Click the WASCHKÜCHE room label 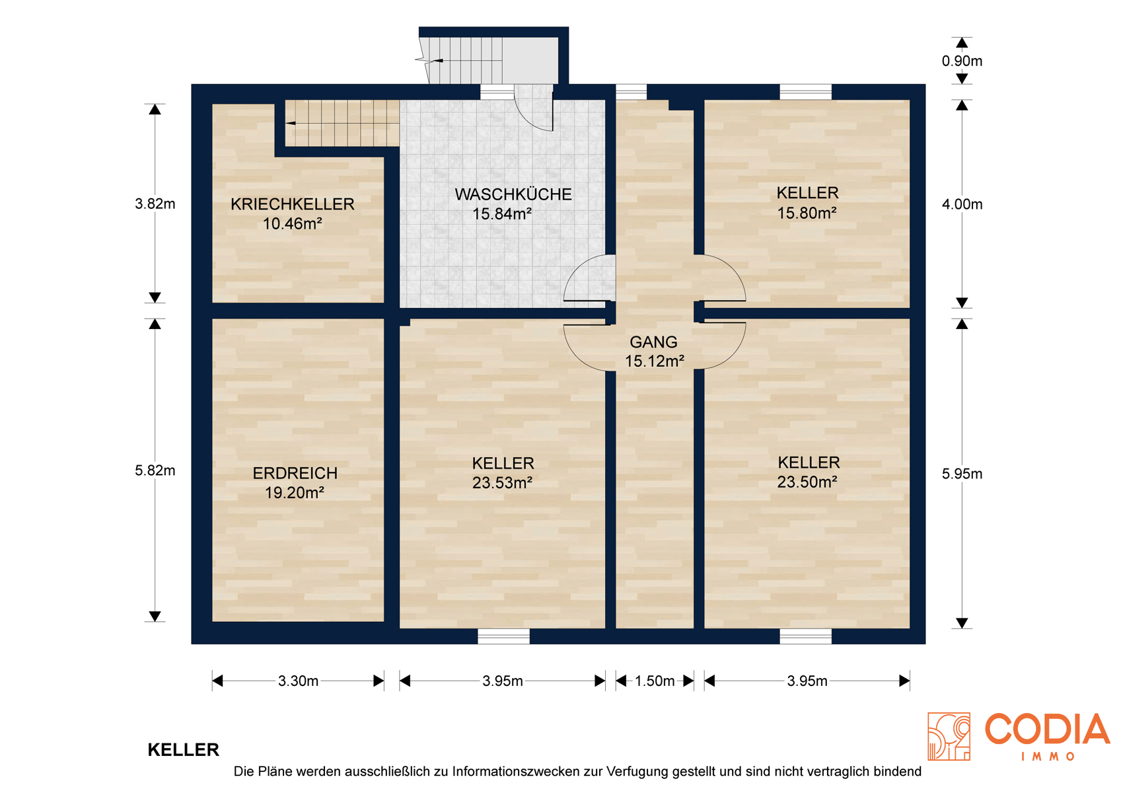[x=513, y=194]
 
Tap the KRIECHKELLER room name [x=292, y=204]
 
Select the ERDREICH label [x=295, y=473]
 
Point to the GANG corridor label [x=653, y=342]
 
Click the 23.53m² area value [x=502, y=482]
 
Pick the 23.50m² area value [x=807, y=482]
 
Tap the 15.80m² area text [x=807, y=213]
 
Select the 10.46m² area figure [x=292, y=223]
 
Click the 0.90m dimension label [x=962, y=61]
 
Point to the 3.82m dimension [x=155, y=204]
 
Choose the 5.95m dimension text [x=962, y=474]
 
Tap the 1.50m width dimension [x=655, y=681]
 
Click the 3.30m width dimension [x=299, y=681]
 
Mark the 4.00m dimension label [x=962, y=204]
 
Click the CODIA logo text [x=1047, y=730]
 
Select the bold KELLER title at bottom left [x=183, y=750]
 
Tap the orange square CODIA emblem [x=949, y=736]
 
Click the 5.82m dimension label [x=155, y=471]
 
